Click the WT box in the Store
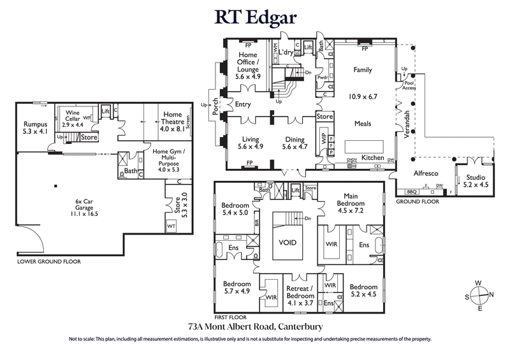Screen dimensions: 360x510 [171, 226]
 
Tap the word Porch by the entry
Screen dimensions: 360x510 [216, 104]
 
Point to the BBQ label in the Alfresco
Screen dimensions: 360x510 [412, 191]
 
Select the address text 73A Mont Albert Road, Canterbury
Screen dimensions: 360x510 [255, 326]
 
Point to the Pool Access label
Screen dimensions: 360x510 [409, 85]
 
